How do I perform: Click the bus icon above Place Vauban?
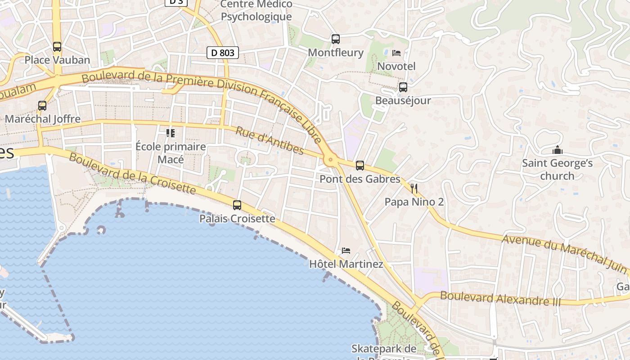tap(57, 46)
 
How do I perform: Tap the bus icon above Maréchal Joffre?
tap(42, 106)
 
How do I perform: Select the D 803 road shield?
tap(223, 53)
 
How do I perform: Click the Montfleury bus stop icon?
tap(336, 39)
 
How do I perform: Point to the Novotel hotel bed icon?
tap(396, 53)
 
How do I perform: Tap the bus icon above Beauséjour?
tap(403, 87)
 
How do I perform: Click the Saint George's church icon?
tap(558, 150)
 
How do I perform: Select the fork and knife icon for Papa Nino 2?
tap(414, 188)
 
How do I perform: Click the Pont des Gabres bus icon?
tap(360, 166)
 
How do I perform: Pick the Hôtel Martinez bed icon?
tap(346, 250)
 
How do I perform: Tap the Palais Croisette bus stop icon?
tap(237, 205)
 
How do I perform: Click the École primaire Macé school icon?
tap(171, 133)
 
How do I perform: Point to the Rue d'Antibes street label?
tap(270, 141)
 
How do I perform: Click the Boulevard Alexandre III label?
tap(500, 298)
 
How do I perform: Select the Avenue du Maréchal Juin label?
tap(565, 254)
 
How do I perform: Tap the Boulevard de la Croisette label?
tap(132, 174)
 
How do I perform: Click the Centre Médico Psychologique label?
tap(256, 11)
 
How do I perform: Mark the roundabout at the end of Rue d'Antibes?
tap(331, 159)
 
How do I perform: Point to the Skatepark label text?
tap(384, 349)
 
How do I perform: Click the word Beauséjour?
tap(403, 100)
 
